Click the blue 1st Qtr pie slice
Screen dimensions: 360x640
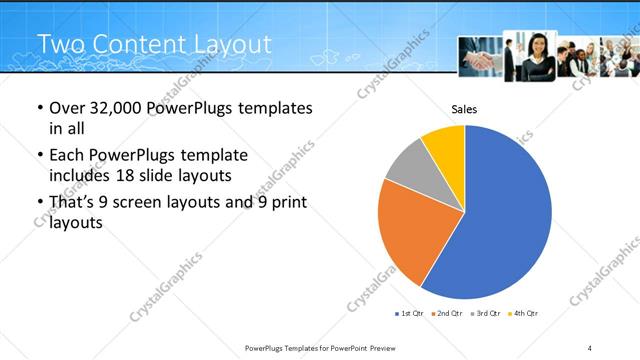[500, 220]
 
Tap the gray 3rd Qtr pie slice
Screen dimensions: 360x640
[409, 166]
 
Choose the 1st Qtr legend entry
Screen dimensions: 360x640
[409, 314]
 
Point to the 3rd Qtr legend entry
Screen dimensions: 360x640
[484, 314]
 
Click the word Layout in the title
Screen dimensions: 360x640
[230, 44]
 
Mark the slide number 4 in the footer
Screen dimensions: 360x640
[590, 347]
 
